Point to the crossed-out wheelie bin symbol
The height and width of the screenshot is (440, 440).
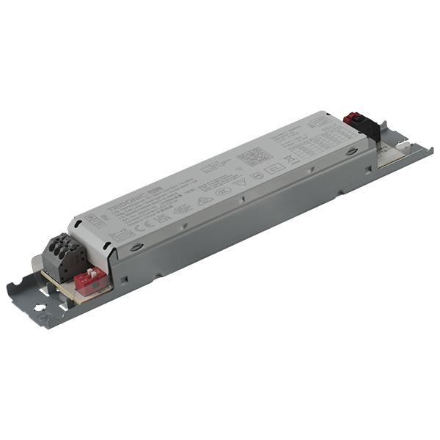[x=289, y=156]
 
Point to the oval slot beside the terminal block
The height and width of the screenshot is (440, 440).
[x=136, y=247]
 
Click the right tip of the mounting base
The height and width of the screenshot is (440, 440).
[x=429, y=151]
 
